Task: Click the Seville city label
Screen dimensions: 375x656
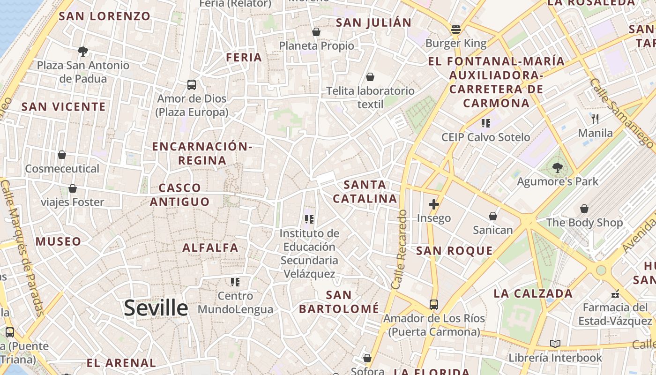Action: point(156,308)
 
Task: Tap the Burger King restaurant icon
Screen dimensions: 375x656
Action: point(456,30)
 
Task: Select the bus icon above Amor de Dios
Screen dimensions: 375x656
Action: point(192,85)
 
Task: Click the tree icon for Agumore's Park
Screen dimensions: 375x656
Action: point(557,167)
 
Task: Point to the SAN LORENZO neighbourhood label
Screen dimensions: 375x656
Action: point(104,16)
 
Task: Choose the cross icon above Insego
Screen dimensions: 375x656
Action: point(434,204)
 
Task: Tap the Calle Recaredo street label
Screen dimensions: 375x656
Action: point(399,249)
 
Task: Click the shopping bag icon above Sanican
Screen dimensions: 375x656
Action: point(493,216)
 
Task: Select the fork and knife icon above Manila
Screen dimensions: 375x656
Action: point(595,119)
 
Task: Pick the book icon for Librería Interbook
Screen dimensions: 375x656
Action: point(555,344)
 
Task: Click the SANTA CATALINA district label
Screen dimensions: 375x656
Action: point(365,191)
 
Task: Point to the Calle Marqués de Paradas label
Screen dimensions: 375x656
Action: point(22,248)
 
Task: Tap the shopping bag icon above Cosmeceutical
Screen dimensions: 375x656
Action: point(62,155)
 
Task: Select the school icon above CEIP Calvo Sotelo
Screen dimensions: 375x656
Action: point(485,123)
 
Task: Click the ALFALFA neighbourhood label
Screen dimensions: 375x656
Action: point(210,247)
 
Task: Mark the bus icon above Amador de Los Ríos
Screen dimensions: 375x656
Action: point(434,305)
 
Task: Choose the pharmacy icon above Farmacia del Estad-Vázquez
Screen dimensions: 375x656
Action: point(615,294)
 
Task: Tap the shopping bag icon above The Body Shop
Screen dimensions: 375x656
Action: point(584,209)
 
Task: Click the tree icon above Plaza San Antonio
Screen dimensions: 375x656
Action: point(83,51)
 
